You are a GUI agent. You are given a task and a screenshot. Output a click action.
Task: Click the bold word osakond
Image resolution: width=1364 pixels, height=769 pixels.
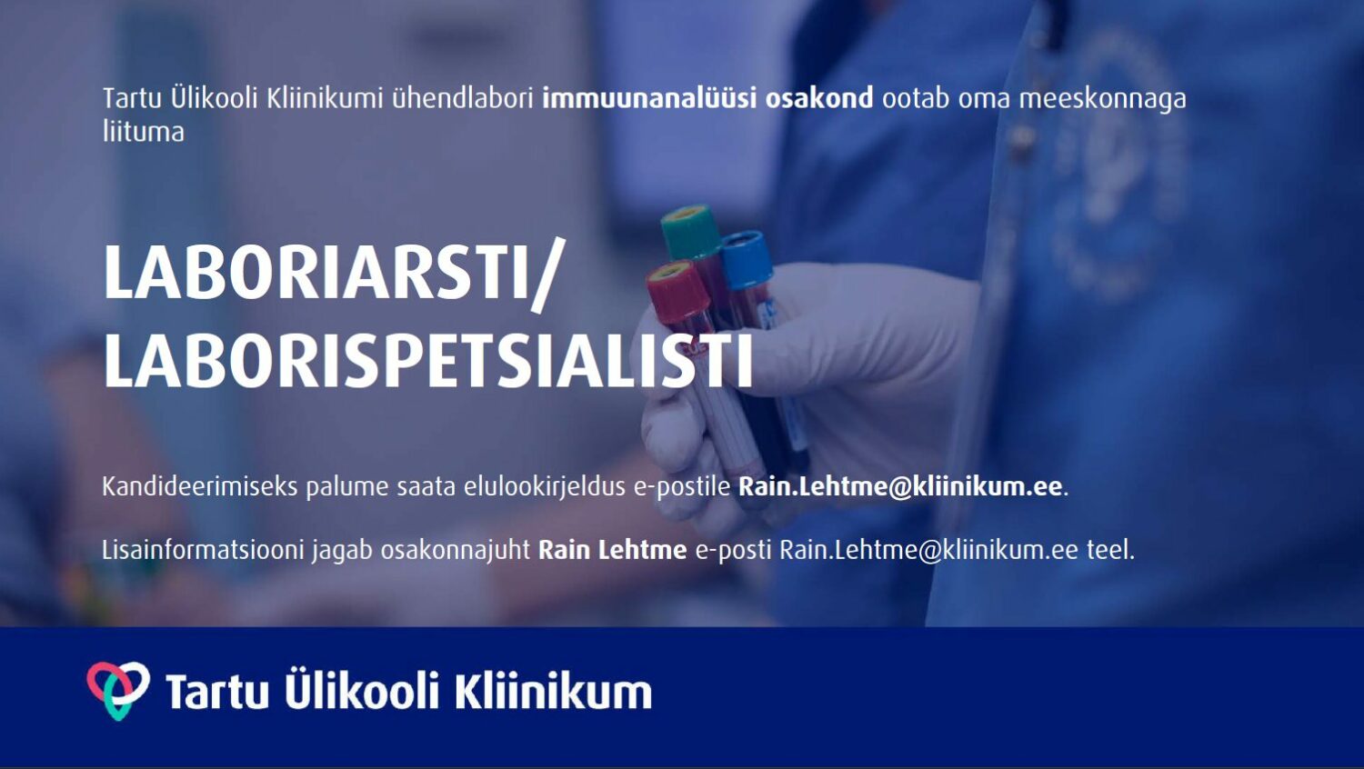819,99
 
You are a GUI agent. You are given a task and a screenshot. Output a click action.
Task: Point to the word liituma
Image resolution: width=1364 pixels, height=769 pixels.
143,132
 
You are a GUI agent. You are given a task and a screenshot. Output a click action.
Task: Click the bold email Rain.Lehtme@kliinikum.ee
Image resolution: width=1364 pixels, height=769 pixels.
900,486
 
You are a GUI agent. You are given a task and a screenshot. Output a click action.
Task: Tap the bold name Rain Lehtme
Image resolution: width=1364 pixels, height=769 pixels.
613,550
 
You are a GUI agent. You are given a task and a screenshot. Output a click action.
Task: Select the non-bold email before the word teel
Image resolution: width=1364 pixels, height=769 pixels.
920,550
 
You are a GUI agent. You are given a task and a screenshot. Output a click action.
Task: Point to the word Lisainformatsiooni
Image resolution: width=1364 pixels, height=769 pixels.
203,550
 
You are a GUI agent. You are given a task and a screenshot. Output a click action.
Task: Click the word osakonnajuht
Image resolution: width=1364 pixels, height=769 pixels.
456,551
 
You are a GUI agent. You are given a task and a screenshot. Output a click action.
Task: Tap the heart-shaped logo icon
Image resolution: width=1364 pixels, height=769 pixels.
118,691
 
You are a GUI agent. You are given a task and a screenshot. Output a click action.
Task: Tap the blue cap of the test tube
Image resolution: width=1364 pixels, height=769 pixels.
747,259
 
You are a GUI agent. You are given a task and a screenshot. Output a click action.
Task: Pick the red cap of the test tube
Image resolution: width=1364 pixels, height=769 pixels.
677,291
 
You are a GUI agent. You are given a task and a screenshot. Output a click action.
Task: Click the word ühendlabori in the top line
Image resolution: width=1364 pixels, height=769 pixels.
463,99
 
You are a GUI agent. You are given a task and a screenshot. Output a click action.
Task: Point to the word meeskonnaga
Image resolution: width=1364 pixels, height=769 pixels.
1103,100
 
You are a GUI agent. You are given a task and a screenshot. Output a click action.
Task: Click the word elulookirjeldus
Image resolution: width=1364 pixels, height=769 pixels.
545,488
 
